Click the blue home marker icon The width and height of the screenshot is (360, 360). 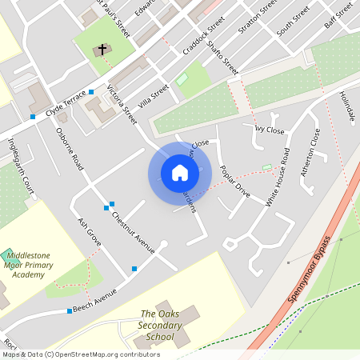coord(179,173)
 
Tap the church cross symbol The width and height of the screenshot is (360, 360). coord(102,50)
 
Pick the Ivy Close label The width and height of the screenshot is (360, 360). coord(269,129)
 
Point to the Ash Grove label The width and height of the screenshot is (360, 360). coord(89,230)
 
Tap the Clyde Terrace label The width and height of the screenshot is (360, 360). coord(65,102)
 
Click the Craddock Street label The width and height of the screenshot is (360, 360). coord(204,38)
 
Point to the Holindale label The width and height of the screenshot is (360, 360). coord(346,106)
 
